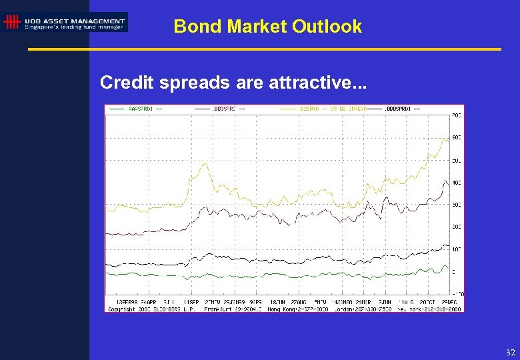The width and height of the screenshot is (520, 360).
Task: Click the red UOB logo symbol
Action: point(11,23)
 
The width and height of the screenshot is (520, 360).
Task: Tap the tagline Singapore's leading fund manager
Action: point(74,27)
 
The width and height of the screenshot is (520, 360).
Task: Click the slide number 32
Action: point(511,352)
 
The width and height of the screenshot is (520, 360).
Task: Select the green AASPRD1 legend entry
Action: point(140,108)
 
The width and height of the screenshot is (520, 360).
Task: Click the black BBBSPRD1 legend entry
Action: point(400,108)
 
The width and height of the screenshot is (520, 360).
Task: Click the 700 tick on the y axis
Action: point(457,115)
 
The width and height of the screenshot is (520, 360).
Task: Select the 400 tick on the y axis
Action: point(457,182)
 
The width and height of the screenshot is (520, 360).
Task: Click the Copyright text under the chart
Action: point(123,308)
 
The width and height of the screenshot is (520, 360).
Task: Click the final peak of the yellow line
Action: point(445,139)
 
